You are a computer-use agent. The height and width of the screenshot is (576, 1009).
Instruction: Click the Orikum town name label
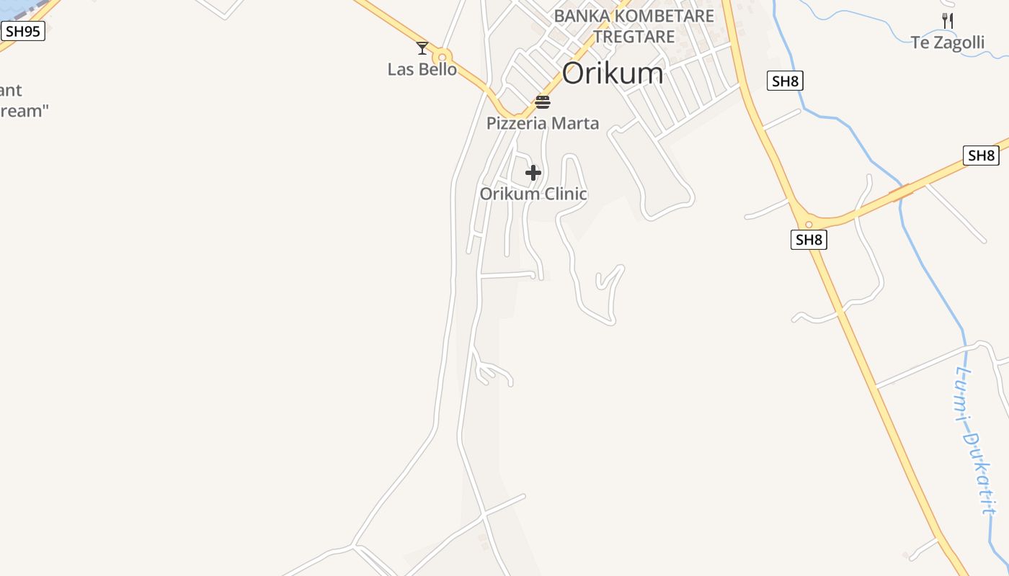pos(612,73)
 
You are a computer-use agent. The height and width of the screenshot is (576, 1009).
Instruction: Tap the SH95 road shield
pos(23,31)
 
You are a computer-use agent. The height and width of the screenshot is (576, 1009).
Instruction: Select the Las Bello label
pos(422,69)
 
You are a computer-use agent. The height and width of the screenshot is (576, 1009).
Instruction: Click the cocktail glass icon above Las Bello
pos(422,48)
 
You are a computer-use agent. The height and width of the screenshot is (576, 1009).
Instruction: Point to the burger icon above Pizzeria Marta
pos(543,102)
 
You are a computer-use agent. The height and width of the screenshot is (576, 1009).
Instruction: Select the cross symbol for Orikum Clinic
pos(533,173)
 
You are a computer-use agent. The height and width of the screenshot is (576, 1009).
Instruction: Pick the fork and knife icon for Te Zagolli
pos(948,21)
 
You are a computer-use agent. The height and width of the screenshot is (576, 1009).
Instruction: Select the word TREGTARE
pos(634,36)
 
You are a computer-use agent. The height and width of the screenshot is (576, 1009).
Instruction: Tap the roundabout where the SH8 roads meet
pos(809,224)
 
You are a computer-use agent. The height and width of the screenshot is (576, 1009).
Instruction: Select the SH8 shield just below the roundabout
pos(809,240)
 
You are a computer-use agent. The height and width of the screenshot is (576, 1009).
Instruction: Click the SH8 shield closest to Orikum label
pos(785,81)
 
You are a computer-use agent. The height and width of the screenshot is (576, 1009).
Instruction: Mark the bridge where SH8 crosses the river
pos(901,192)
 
